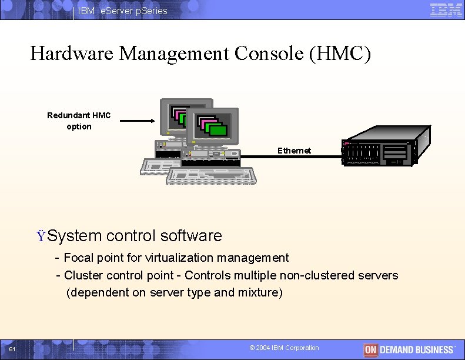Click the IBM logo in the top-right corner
tap(446, 10)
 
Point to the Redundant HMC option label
tap(79, 121)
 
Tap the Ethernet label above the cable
tap(294, 151)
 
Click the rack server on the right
tap(380, 152)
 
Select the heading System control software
tap(134, 236)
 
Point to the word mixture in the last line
tap(260, 292)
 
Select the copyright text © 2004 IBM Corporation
tap(285, 348)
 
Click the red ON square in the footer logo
tap(370, 349)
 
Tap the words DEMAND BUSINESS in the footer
tap(417, 349)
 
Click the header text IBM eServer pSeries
tap(122, 11)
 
